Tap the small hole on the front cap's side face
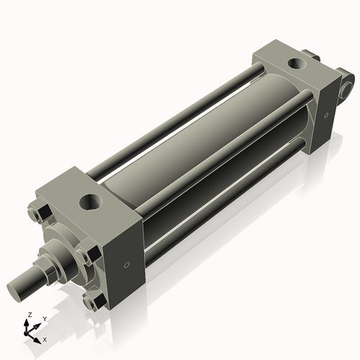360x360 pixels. coord(127,265)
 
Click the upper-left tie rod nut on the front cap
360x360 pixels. coord(40,214)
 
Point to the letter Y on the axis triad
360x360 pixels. coord(45,319)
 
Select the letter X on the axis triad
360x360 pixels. coord(45,338)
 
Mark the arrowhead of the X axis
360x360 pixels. coord(37,337)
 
